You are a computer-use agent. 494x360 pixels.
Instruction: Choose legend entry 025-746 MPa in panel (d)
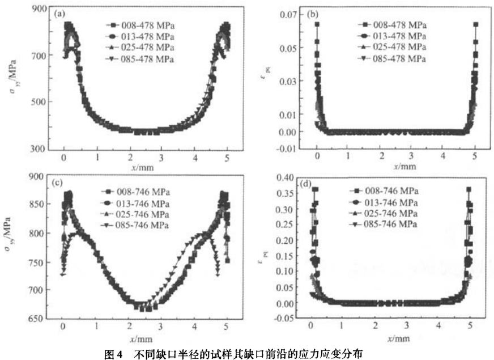point(389,214)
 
